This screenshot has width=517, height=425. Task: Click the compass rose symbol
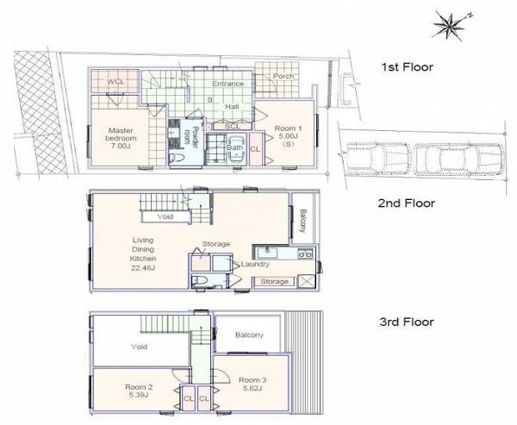(x=449, y=26)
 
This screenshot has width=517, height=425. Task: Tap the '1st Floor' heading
(x=408, y=67)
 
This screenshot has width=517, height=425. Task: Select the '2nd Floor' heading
(x=407, y=203)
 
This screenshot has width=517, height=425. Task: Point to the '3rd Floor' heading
(x=407, y=322)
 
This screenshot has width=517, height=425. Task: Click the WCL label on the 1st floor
(x=116, y=81)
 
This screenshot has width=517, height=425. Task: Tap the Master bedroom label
(x=121, y=134)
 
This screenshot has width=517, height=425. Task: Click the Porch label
(x=283, y=76)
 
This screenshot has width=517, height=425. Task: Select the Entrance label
(x=227, y=84)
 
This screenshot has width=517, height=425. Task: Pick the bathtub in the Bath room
(x=236, y=148)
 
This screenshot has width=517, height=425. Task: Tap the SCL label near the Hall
(x=234, y=126)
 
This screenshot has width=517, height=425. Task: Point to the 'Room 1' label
(x=288, y=128)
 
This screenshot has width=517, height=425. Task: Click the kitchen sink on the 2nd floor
(x=268, y=253)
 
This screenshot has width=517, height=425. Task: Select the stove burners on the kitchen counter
(x=305, y=253)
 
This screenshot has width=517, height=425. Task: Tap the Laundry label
(x=255, y=265)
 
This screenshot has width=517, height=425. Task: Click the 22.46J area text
(x=143, y=268)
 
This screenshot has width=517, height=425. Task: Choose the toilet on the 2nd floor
(x=200, y=280)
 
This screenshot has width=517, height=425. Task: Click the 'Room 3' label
(x=252, y=380)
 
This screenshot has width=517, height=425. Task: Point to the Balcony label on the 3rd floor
(x=249, y=335)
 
